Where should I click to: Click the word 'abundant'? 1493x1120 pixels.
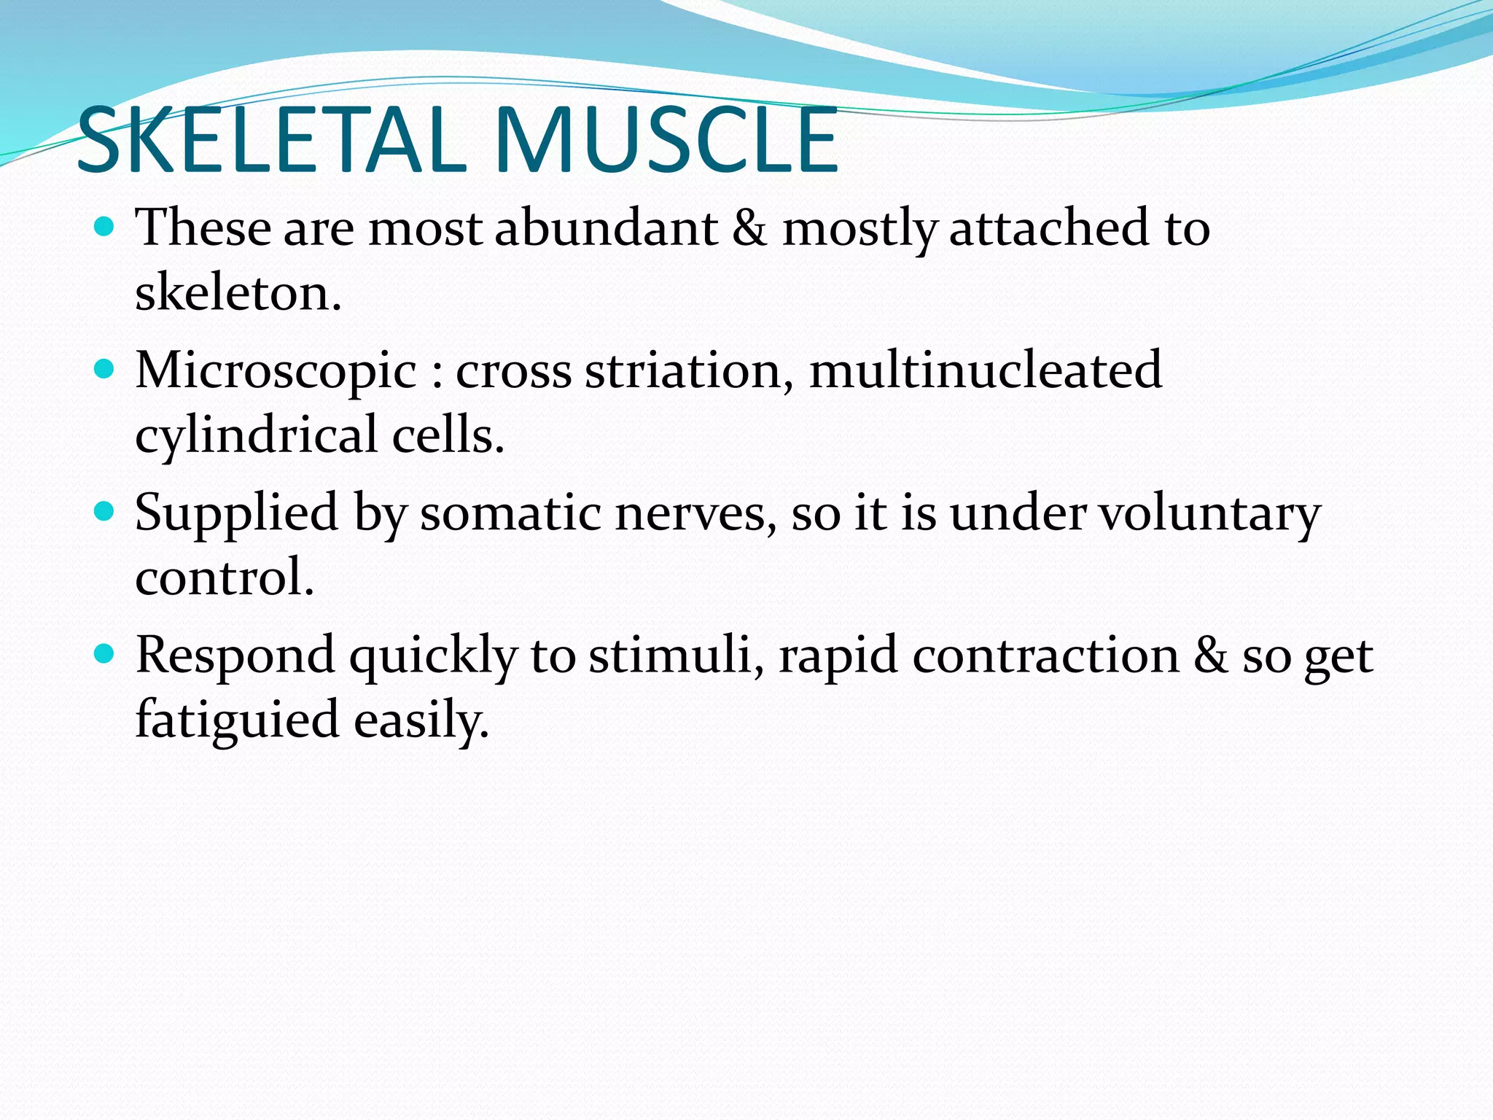coord(607,227)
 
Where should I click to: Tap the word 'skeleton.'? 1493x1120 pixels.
coord(238,292)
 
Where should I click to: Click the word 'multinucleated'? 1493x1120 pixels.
coord(986,370)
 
